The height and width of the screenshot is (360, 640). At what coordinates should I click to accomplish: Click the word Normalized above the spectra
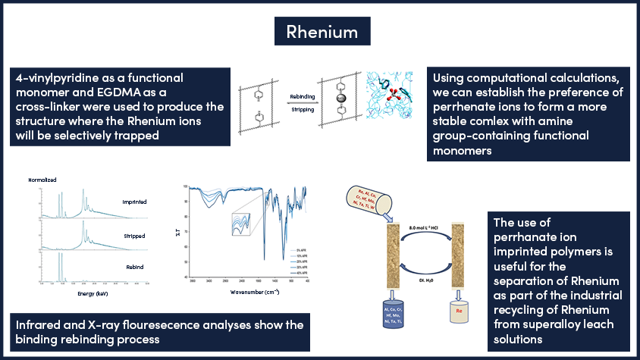click(42, 181)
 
